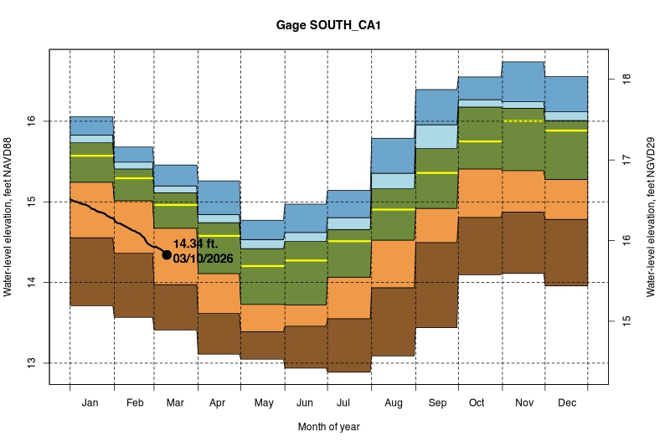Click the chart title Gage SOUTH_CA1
coord(329,26)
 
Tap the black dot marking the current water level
coord(167,254)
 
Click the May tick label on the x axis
coord(263,403)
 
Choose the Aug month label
coord(393,403)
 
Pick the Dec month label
coord(566,403)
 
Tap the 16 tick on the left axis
coord(31,121)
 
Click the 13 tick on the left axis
coord(31,363)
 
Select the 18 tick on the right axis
coord(625,79)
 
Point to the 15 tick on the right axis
coord(625,320)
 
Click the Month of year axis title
coord(329,427)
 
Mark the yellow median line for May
coord(262,266)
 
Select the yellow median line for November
coord(523,121)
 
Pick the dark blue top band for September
coord(436,107)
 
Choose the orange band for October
coord(480,193)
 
